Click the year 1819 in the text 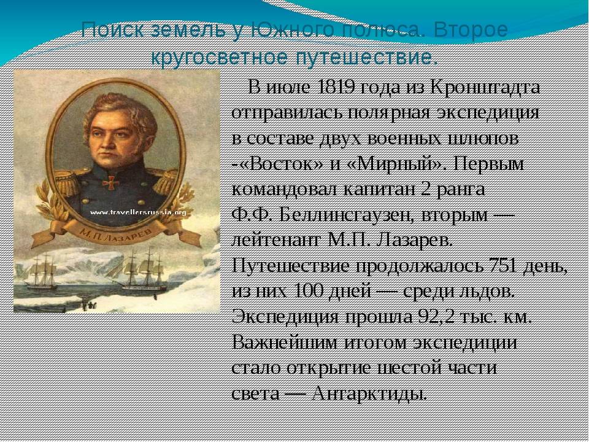pos(337,87)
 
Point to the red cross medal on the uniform pos(110,183)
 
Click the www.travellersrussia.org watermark pos(138,212)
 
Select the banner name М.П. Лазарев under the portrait pos(116,231)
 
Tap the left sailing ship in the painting pos(42,271)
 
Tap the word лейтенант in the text pos(277,241)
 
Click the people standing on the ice pos(89,306)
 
